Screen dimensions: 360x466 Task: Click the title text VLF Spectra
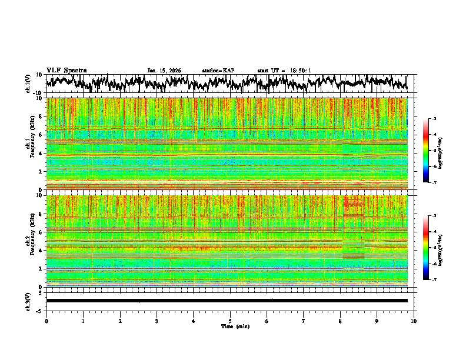pos(66,70)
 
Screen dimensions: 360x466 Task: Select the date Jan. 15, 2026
pos(164,71)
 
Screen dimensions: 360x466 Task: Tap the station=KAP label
pos(218,71)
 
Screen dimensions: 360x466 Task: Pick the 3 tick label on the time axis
pos(157,321)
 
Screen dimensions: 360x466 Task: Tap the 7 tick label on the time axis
pos(304,321)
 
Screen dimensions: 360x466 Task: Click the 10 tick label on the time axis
pos(414,321)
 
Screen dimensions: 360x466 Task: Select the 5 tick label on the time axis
pos(230,321)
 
